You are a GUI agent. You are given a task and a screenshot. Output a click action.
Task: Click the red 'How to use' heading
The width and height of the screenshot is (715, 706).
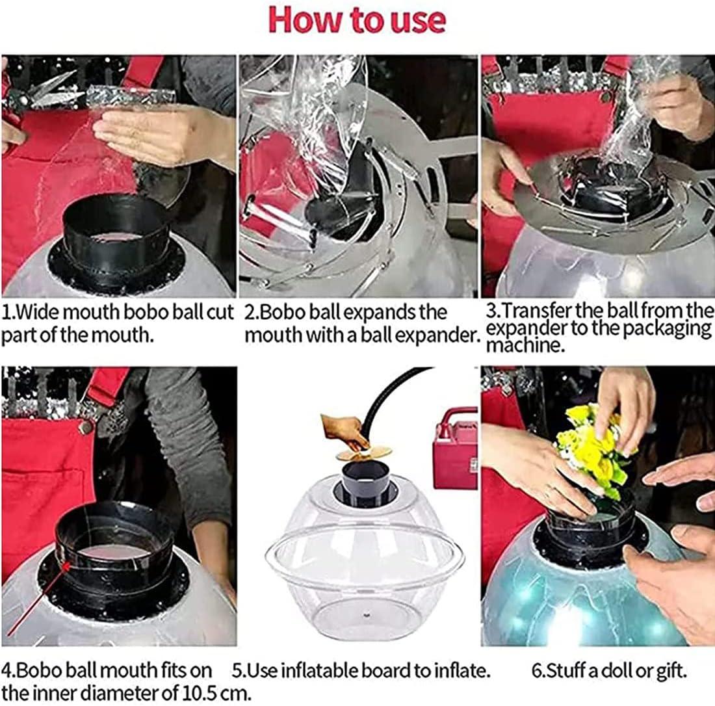tap(357, 20)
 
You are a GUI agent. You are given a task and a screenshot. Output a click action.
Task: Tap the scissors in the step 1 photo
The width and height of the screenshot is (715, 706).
tap(41, 91)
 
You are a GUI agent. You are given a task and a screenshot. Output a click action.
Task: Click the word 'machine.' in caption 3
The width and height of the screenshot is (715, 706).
tap(525, 345)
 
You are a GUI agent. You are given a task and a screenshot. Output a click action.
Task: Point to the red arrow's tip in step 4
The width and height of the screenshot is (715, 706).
tap(66, 565)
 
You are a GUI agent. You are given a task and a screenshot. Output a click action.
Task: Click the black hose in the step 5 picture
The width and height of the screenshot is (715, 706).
tap(396, 397)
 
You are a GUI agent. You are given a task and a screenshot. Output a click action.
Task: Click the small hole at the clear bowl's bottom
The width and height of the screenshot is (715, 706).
tap(366, 615)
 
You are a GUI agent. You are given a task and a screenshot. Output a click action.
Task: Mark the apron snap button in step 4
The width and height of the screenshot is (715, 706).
tap(85, 427)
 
